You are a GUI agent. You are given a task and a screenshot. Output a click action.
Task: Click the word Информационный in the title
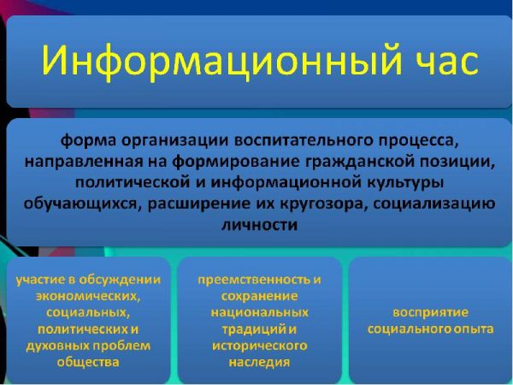[221, 62]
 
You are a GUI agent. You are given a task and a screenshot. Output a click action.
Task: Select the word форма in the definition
[88, 140]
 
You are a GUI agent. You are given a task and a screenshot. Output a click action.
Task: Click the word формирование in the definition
[236, 162]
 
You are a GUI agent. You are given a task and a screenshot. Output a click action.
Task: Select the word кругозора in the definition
[322, 204]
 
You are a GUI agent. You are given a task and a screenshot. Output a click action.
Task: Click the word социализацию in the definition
[433, 204]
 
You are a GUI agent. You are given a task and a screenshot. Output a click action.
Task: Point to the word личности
[260, 225]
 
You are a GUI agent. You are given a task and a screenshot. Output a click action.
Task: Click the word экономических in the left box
[88, 296]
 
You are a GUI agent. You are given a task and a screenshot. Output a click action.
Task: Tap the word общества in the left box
[88, 362]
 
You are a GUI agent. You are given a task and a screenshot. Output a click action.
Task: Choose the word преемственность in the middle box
[254, 280]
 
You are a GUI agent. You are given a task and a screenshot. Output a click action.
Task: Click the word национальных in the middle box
[259, 312]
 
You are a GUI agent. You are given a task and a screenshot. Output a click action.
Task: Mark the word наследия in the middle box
[259, 363]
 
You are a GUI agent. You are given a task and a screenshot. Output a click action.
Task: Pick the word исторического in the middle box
[260, 346]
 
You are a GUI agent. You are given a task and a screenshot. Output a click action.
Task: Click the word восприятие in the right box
[431, 312]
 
